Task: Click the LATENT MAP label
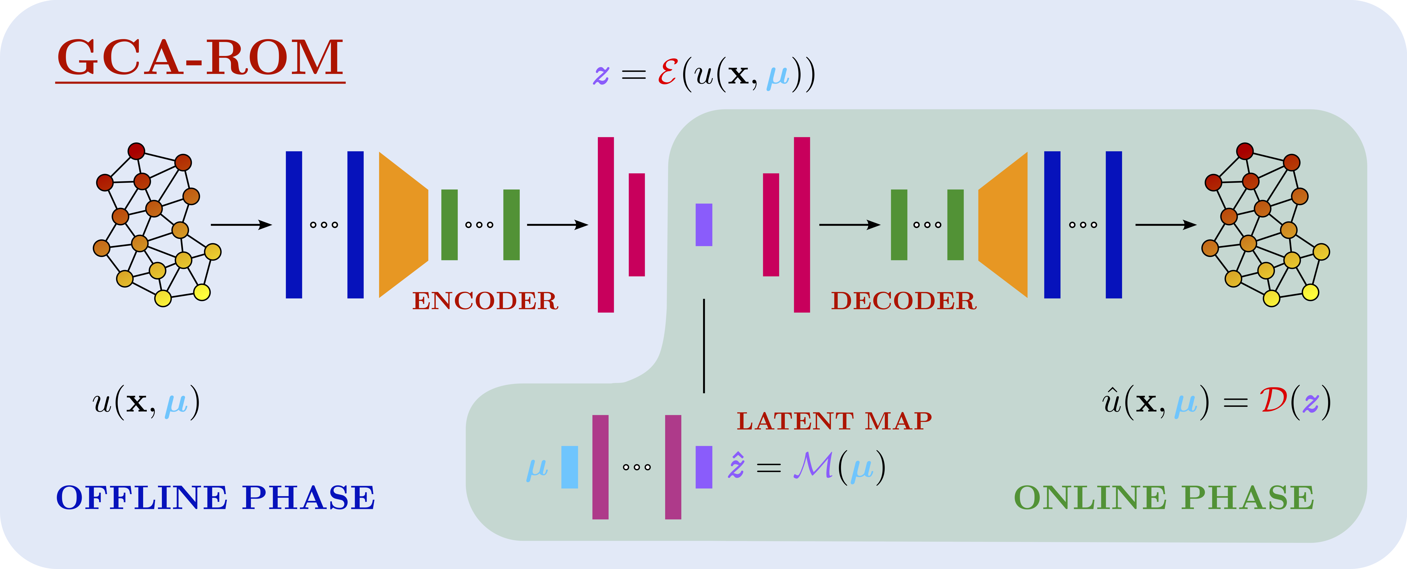tap(834, 421)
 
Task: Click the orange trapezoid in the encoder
tap(403, 224)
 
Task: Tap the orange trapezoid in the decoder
tap(1003, 224)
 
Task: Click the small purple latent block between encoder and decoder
tap(703, 224)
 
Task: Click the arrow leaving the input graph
tap(241, 224)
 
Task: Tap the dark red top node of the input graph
tap(136, 151)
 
